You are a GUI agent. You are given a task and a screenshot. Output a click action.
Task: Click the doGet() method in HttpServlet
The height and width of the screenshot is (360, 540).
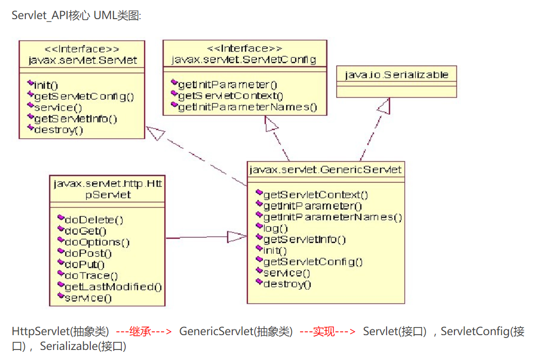(x=86, y=231)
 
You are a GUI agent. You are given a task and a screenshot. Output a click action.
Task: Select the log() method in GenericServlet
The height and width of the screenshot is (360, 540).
(x=276, y=229)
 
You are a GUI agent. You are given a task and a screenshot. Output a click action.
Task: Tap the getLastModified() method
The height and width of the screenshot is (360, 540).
(x=113, y=287)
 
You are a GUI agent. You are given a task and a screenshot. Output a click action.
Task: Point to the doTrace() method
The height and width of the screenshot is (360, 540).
(x=91, y=276)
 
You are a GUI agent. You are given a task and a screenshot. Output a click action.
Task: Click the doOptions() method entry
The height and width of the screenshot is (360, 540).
(x=97, y=242)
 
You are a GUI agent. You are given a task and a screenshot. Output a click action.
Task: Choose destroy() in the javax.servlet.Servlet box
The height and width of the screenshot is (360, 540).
(x=59, y=130)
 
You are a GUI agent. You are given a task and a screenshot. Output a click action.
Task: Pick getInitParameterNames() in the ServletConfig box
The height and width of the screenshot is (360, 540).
(x=248, y=107)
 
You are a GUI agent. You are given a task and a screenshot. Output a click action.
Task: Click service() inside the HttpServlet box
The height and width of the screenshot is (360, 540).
(x=88, y=298)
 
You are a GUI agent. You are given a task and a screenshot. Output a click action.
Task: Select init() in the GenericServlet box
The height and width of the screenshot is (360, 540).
(x=275, y=251)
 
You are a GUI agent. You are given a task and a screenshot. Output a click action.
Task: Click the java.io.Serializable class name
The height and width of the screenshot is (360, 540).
(x=397, y=75)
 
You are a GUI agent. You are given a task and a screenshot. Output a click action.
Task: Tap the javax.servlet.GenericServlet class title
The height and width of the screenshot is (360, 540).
(x=325, y=170)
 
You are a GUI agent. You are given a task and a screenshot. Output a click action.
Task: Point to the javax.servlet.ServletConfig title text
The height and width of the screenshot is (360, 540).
(x=244, y=60)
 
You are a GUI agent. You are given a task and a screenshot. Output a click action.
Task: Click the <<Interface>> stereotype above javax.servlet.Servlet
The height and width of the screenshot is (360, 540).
(x=82, y=49)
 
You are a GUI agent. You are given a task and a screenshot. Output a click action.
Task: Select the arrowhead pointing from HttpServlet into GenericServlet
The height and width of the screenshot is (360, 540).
(x=236, y=237)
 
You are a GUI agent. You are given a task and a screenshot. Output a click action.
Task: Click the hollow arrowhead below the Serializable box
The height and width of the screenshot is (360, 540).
(x=385, y=106)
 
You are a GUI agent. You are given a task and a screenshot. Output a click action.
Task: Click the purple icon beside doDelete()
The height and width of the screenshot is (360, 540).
(x=61, y=218)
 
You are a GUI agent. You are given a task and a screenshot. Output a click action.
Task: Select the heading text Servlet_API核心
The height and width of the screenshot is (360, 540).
(x=48, y=15)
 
